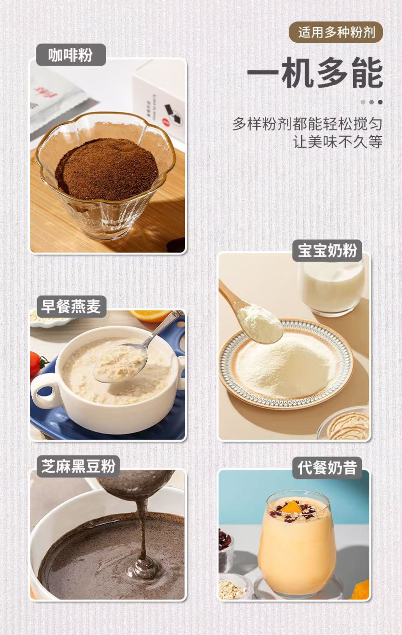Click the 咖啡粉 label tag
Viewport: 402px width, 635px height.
(x=71, y=55)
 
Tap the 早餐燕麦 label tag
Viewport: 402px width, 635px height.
(x=71, y=306)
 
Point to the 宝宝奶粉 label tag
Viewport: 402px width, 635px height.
(x=327, y=251)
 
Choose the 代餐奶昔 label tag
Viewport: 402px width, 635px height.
(x=327, y=468)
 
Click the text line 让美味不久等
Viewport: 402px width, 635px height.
(x=338, y=142)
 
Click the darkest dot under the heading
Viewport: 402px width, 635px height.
(x=380, y=102)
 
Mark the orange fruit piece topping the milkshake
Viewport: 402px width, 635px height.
(x=294, y=507)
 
